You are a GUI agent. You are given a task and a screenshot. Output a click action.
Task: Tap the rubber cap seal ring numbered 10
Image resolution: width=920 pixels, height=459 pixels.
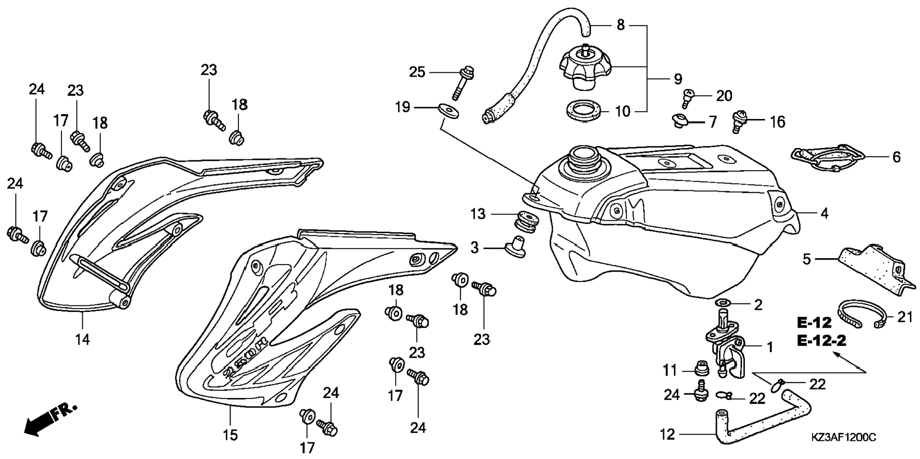(x=583, y=111)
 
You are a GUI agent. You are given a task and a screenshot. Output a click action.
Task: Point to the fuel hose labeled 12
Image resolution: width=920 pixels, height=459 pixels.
(x=762, y=419)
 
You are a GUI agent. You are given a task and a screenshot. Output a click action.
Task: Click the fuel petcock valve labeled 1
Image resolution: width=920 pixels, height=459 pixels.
(x=727, y=350)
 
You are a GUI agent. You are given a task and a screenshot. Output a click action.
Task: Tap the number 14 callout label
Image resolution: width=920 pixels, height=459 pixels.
(x=82, y=340)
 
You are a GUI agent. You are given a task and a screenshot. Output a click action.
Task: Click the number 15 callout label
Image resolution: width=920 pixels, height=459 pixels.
(x=230, y=435)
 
